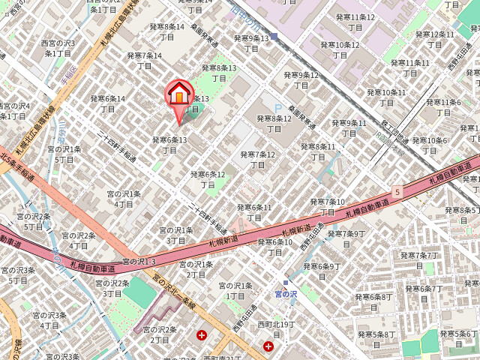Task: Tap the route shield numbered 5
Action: [x=397, y=192]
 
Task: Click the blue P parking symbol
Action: [x=268, y=107]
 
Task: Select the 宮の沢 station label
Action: [x=286, y=294]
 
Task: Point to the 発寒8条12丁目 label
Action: [x=274, y=123]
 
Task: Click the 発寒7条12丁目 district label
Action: [x=258, y=160]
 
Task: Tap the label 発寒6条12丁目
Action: [x=208, y=179]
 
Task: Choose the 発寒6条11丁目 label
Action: [x=254, y=212]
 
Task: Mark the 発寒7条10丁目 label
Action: [x=327, y=206]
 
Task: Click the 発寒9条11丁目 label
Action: [x=349, y=128]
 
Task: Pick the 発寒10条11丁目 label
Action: [x=385, y=97]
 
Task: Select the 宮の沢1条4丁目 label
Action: [x=124, y=199]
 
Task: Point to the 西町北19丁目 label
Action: [x=277, y=328]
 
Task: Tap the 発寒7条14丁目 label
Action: [x=145, y=60]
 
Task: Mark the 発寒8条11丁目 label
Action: [x=317, y=151]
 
